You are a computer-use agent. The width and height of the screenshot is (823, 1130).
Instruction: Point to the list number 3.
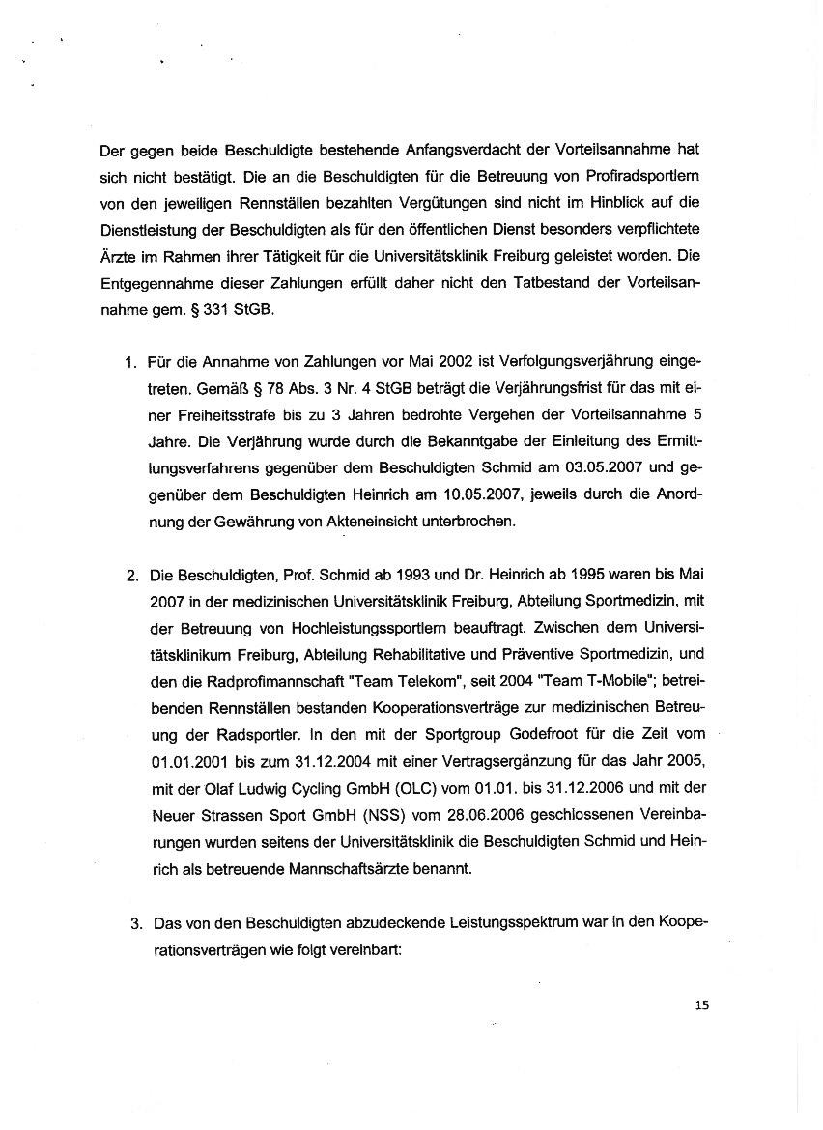click(136, 924)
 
